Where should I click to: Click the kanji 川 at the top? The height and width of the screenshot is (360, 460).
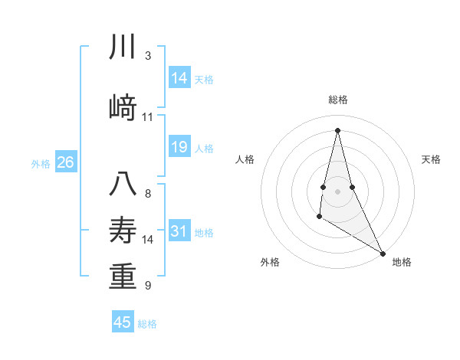[123, 47]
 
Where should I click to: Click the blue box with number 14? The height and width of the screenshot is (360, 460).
[179, 78]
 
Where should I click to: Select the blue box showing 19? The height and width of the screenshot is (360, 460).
[179, 147]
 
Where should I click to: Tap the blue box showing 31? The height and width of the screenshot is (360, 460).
[179, 231]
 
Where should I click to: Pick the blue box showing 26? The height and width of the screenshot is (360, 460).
[66, 162]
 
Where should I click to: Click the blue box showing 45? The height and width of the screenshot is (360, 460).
[123, 322]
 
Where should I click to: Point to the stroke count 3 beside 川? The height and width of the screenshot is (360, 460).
[148, 56]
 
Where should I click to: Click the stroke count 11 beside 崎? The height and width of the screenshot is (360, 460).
[148, 117]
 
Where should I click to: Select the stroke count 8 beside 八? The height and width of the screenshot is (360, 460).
[148, 193]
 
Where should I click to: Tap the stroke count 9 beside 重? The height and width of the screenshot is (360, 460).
[148, 286]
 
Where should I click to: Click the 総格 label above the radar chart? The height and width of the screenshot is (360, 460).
[338, 100]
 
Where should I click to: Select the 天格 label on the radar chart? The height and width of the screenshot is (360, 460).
[432, 159]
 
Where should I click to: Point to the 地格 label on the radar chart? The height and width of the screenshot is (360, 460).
[402, 262]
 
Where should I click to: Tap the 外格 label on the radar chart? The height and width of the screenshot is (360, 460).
[270, 262]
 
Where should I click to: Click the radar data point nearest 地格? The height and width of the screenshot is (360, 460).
[383, 253]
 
